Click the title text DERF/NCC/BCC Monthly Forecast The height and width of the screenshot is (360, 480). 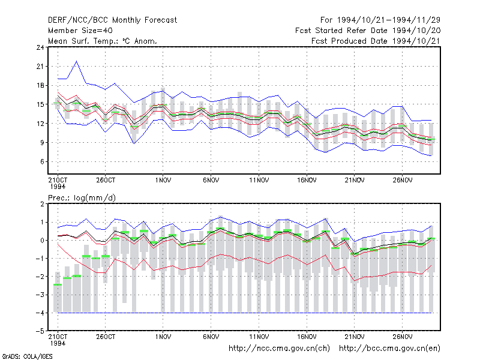(112, 20)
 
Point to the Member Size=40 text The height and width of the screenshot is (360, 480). (80, 31)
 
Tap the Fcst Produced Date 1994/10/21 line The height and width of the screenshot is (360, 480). (376, 41)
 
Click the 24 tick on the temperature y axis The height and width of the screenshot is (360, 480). (40, 47)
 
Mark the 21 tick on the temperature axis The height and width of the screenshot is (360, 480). (40, 67)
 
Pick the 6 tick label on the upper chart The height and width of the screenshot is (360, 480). (42, 161)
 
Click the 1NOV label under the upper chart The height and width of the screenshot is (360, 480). (163, 180)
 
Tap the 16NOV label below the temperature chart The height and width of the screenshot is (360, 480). (307, 180)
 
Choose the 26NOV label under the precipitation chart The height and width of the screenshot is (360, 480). (402, 337)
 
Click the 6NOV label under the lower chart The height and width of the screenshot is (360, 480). (211, 337)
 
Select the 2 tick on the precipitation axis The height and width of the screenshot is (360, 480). (42, 204)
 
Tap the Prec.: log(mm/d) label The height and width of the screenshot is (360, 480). (82, 198)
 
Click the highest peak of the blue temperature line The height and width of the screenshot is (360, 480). (77, 61)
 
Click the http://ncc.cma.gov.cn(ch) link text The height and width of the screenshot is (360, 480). (279, 349)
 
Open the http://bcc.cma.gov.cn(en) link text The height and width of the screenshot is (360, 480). (389, 349)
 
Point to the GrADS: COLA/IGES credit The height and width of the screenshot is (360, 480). (27, 356)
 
